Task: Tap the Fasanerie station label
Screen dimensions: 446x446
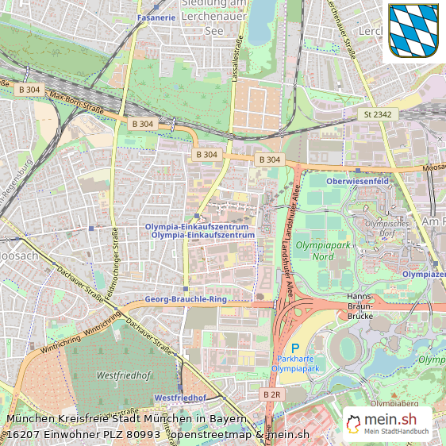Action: pyautogui.click(x=156, y=17)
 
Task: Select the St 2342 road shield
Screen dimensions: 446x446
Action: pyautogui.click(x=377, y=115)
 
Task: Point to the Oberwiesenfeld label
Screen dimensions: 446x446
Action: pyautogui.click(x=357, y=180)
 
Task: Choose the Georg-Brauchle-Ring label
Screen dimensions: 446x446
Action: pyautogui.click(x=186, y=300)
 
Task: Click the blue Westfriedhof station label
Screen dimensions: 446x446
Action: pyautogui.click(x=180, y=398)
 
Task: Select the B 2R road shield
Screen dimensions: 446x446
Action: pyautogui.click(x=271, y=394)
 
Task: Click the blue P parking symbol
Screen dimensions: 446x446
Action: pyautogui.click(x=295, y=348)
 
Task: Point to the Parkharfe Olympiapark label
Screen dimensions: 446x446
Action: pyautogui.click(x=295, y=363)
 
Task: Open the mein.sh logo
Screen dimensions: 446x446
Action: pyautogui.click(x=387, y=424)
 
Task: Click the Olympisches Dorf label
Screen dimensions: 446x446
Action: pyautogui.click(x=386, y=229)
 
